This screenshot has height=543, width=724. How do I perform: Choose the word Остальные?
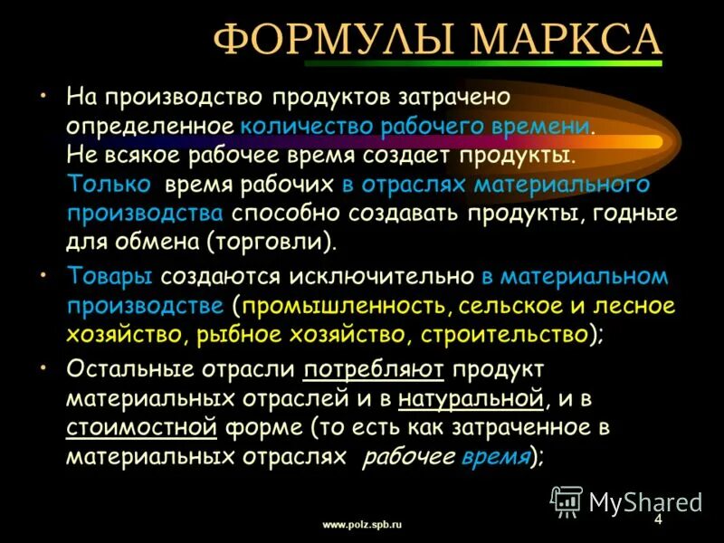pos(126,370)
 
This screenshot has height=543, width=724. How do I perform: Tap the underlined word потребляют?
pos(374,370)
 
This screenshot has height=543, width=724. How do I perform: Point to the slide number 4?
pos(658,520)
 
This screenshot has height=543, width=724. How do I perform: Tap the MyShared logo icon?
pos(567,500)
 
